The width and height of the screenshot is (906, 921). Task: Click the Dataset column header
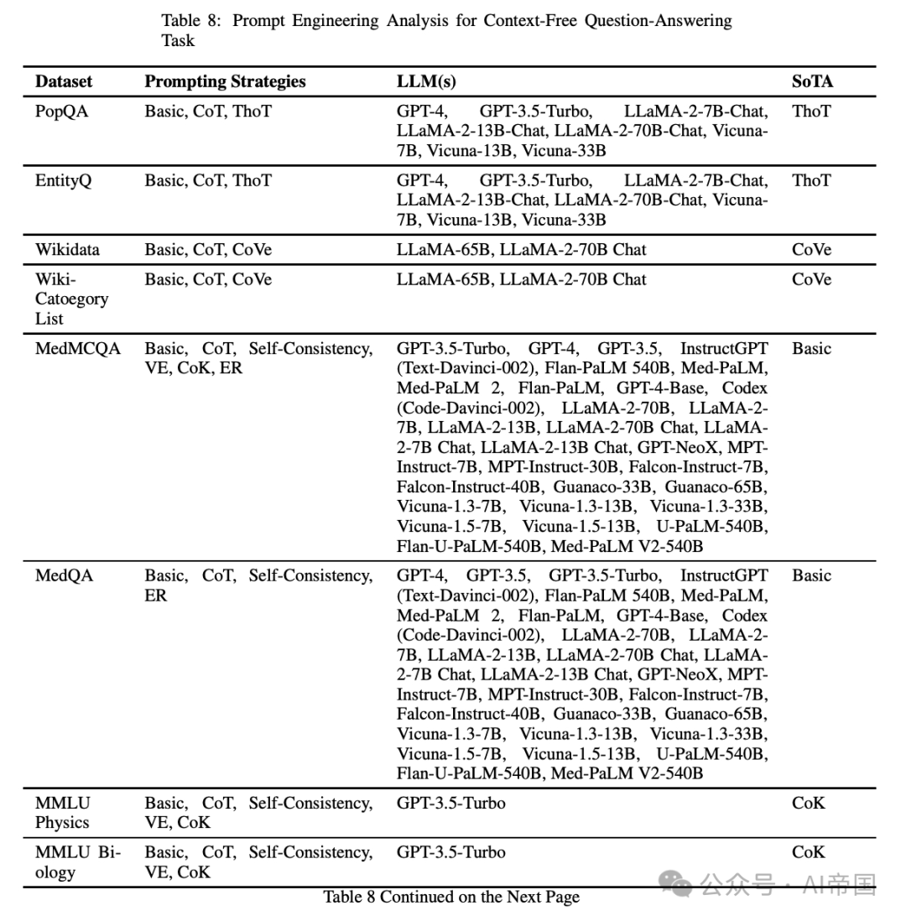[64, 81]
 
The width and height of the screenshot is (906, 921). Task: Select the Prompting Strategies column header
[225, 81]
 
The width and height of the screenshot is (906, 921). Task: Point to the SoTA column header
[812, 81]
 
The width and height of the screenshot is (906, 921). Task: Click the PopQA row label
[61, 111]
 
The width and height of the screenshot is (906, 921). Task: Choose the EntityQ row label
[63, 180]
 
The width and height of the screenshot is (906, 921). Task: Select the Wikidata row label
[67, 250]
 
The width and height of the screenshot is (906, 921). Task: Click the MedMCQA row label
[78, 349]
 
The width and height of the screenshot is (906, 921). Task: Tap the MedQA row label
[64, 575]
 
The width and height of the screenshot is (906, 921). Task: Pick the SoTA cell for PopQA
[811, 111]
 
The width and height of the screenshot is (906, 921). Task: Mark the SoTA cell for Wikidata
[811, 250]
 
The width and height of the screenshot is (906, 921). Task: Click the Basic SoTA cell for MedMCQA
[811, 349]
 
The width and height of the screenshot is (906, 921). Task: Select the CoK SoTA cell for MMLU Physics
[809, 803]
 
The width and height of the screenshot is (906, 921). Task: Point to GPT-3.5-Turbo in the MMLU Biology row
[451, 852]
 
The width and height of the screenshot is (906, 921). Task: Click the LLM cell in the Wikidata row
[521, 250]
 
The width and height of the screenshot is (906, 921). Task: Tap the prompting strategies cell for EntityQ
[208, 180]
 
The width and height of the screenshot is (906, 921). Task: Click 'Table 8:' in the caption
[192, 20]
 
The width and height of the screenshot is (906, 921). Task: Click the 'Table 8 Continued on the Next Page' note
[451, 897]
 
